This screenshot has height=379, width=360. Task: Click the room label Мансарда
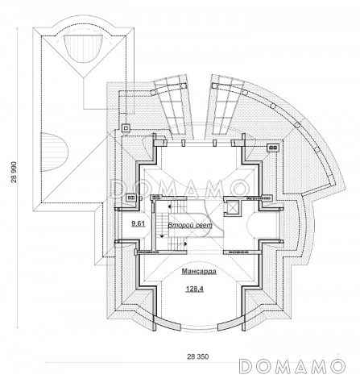point(199,272)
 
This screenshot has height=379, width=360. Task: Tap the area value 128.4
point(195,289)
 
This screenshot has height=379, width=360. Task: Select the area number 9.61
point(139,223)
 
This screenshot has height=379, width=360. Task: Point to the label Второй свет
point(190,225)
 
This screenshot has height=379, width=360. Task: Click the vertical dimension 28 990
point(14,173)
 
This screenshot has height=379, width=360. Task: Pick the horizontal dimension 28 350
point(198,356)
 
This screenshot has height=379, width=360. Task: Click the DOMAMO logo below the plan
point(292,366)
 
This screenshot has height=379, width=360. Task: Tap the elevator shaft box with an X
point(231,207)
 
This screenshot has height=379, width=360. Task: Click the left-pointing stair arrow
point(170,206)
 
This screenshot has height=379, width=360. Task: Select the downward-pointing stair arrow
point(162,235)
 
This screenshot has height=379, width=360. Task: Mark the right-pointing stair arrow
point(185,244)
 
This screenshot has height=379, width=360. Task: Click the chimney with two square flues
point(273,148)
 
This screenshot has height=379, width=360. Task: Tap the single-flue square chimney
point(126,128)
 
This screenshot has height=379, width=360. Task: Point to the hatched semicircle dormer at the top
point(84,49)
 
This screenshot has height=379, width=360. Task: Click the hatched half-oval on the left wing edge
point(54,152)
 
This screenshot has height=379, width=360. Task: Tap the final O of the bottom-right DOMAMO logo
point(337,366)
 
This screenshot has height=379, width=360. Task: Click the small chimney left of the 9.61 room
point(131,198)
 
